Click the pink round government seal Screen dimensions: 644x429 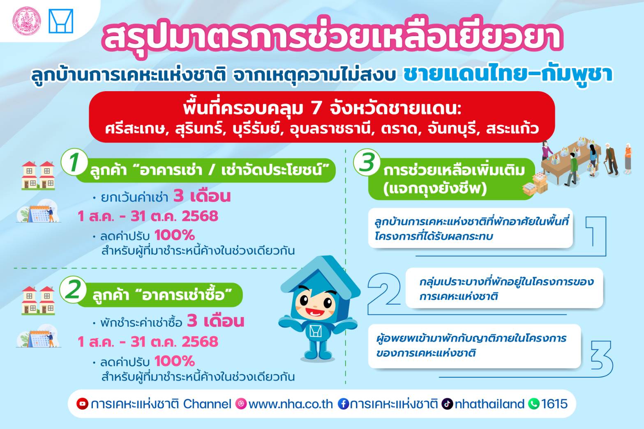click(x=26, y=21)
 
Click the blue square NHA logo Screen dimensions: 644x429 click(x=61, y=21)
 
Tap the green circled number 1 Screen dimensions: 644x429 click(x=74, y=162)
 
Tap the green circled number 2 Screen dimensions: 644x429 click(x=73, y=290)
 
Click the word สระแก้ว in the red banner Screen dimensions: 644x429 click(x=512, y=128)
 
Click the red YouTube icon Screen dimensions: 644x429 click(x=82, y=404)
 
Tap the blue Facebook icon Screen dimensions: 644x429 click(x=343, y=404)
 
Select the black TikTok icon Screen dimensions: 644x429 click(x=447, y=404)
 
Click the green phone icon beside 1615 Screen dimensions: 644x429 click(x=533, y=404)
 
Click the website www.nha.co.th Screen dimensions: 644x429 click(x=291, y=404)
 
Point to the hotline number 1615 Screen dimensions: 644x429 click(x=554, y=404)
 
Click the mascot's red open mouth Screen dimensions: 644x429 click(x=315, y=311)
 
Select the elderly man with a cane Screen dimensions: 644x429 click(x=611, y=159)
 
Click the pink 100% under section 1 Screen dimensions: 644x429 click(x=175, y=235)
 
